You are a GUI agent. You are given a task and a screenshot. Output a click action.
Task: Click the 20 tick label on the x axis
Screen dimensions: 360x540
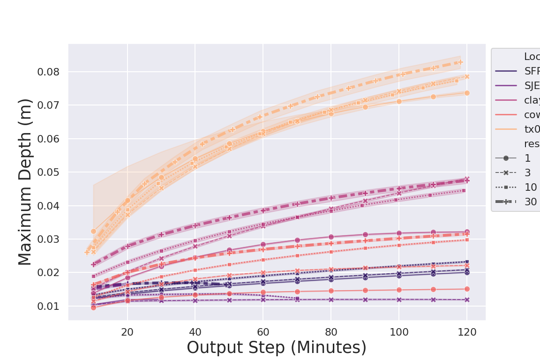coord(127,332)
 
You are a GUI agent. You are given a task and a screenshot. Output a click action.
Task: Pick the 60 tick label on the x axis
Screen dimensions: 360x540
coord(263,332)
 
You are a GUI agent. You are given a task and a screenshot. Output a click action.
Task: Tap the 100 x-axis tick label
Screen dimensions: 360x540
coord(399,332)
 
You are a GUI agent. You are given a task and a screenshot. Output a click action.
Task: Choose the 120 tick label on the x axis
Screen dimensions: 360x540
coord(467,332)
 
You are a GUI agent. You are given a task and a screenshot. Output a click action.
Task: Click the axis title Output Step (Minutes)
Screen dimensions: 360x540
coord(277,348)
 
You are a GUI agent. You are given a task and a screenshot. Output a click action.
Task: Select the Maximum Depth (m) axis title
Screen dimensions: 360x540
coord(25,182)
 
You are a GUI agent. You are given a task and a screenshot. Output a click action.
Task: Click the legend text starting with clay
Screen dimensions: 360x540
coord(532,100)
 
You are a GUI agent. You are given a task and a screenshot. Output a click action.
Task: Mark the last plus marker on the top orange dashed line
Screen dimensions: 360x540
coord(460,62)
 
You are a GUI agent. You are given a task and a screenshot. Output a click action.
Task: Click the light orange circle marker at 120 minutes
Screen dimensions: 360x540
coord(467,93)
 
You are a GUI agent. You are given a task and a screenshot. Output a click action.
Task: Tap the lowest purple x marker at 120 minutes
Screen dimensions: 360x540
coord(467,300)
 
